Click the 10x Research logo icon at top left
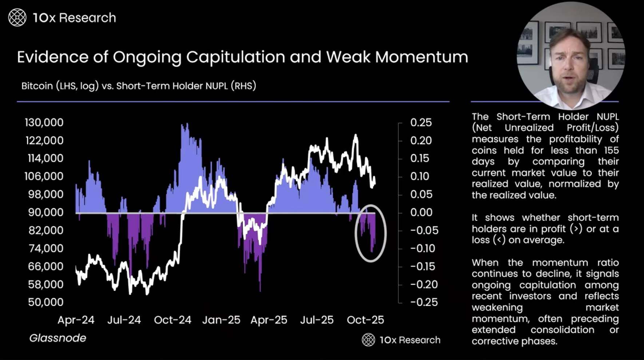click(17, 17)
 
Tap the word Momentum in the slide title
click(421, 57)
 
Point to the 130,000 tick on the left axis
click(44, 123)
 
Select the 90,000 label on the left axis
click(45, 212)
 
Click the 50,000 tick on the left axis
click(46, 302)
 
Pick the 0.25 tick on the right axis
click(421, 123)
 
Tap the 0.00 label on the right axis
click(421, 212)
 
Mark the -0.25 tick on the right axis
click(424, 302)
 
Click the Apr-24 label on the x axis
click(76, 320)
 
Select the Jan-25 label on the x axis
click(221, 320)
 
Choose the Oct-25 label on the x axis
click(365, 320)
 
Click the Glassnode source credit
click(58, 338)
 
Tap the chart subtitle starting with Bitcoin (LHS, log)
click(139, 86)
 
